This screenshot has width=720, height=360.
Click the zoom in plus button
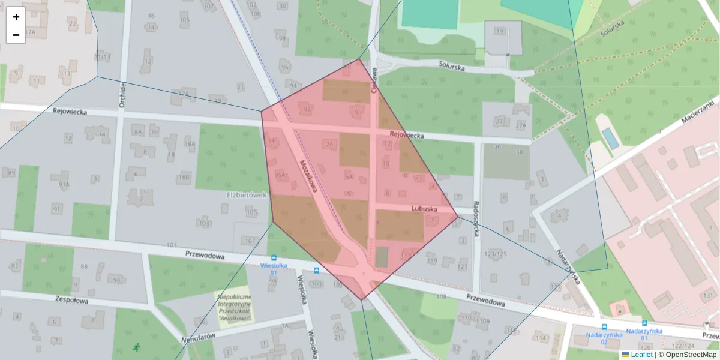(x=16, y=17)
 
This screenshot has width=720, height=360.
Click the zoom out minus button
(x=16, y=35)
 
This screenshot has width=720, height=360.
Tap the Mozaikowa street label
(x=308, y=176)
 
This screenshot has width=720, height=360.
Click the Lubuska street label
(x=422, y=208)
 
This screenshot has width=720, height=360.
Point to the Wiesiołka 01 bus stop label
(x=272, y=268)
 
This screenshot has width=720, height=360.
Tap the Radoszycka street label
(x=477, y=218)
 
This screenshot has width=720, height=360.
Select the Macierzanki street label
(x=699, y=112)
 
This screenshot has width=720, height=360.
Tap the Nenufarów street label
(x=198, y=340)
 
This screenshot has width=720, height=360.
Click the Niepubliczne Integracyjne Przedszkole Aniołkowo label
(x=235, y=307)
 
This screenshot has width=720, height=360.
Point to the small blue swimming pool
(x=610, y=138)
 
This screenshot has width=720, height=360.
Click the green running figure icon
(x=137, y=347)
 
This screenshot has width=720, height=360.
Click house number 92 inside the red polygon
(x=307, y=110)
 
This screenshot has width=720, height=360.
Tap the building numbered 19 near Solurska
(x=500, y=31)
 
